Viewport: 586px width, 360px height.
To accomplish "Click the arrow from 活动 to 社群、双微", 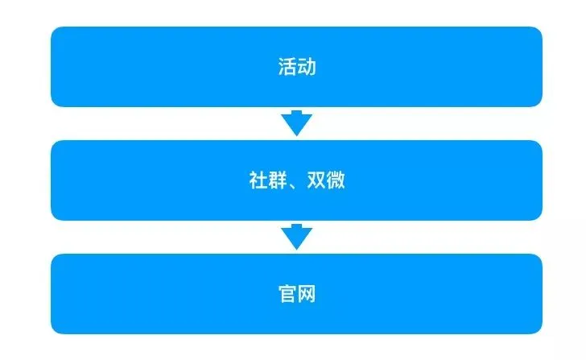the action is coord(296,123).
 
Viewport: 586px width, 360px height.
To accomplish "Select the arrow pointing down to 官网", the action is coord(296,237).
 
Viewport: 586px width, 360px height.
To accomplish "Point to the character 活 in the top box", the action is coord(287,67).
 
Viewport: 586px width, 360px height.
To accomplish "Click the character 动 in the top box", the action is coord(306,67).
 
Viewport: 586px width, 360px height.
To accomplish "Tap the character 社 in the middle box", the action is coord(258,180).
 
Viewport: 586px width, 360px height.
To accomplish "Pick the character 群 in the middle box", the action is coord(276,180).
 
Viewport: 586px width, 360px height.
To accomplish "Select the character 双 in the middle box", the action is coord(316,180).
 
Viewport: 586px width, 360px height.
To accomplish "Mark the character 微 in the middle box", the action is coord(336,180).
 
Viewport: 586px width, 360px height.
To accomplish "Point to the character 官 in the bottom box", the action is coord(287,294).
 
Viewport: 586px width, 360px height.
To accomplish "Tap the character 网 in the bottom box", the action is coord(306,294).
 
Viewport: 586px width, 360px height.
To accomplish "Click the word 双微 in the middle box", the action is coord(326,180).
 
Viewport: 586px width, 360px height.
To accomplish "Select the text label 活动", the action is coord(296,67).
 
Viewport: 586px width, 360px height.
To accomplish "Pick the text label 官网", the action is coord(296,294).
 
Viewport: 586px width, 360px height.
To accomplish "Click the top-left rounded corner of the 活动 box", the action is coord(56,31).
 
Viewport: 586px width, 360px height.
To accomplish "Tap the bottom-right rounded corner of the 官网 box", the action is coord(537,329).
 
